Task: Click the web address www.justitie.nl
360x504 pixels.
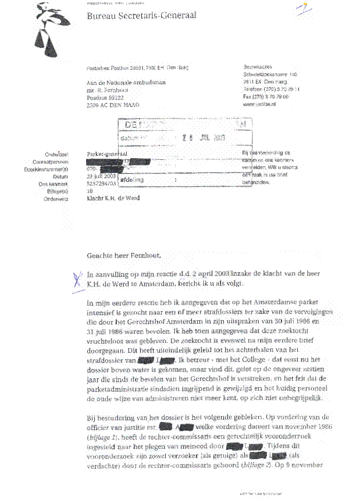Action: pyautogui.click(x=260, y=105)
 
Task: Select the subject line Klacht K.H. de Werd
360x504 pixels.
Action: pyautogui.click(x=113, y=198)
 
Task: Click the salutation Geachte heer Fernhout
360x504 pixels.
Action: pyautogui.click(x=123, y=255)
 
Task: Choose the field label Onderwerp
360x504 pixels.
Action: pyautogui.click(x=55, y=198)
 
